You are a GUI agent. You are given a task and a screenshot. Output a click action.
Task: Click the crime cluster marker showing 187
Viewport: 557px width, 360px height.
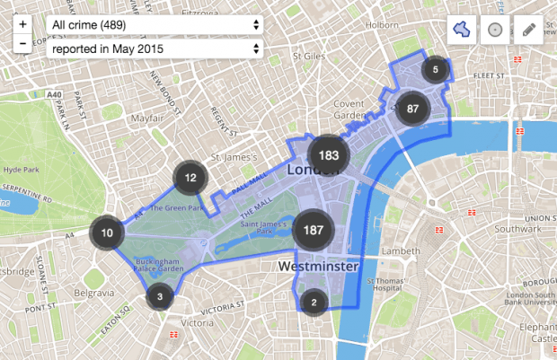314,230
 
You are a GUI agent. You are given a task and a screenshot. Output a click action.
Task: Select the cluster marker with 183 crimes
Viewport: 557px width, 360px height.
328,154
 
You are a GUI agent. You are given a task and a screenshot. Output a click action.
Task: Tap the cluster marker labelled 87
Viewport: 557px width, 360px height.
413,108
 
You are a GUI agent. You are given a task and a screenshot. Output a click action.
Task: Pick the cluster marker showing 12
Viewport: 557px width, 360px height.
190,178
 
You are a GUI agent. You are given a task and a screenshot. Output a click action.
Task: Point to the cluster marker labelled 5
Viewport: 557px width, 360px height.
436,69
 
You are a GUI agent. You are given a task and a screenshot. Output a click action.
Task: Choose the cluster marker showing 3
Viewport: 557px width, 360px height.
159,295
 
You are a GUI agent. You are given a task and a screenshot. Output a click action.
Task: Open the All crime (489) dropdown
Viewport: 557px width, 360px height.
155,24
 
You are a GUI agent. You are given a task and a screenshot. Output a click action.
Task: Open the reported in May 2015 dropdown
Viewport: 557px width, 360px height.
155,48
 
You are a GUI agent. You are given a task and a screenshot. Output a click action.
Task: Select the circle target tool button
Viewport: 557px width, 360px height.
494,29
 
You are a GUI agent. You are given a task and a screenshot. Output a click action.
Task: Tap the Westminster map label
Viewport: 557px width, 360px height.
319,268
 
